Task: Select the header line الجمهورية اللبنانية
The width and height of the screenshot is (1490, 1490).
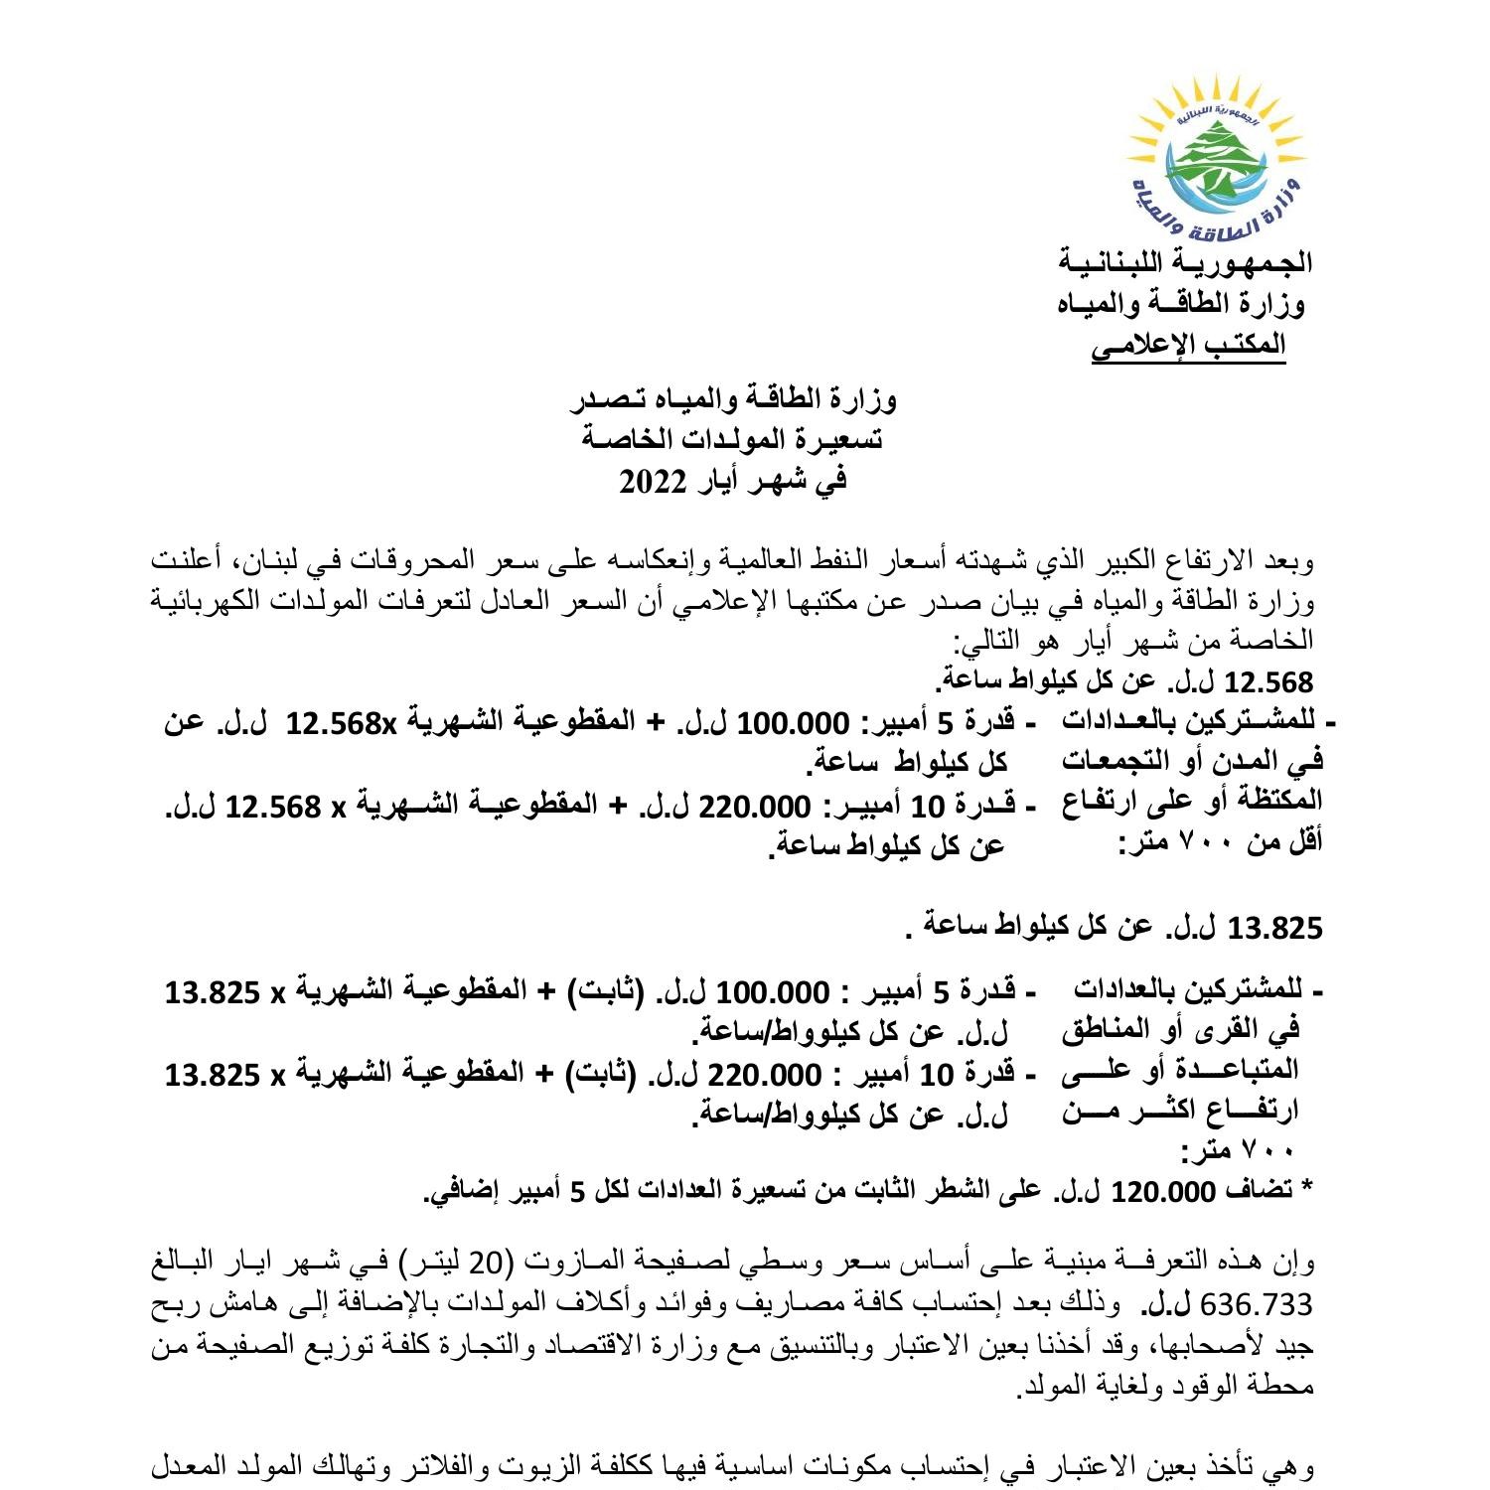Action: (1186, 262)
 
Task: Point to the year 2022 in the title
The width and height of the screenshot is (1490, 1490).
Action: (654, 483)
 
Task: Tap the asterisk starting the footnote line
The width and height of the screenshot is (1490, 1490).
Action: (1307, 1188)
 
